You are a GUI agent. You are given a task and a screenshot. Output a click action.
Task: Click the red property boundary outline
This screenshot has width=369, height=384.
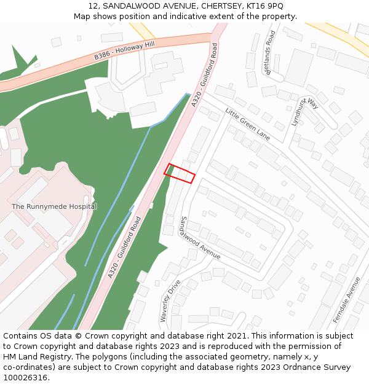180,173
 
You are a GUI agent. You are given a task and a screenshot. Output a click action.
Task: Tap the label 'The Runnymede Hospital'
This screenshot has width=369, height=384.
54,206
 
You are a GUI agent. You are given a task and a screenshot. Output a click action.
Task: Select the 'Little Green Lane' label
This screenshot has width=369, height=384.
247,123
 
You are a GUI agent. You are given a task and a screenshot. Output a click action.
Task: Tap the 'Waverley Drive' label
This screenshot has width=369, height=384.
170,301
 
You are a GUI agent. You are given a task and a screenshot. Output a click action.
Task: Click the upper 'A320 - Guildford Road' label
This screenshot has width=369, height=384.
205,75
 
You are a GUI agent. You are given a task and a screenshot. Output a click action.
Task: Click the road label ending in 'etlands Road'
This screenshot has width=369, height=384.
269,53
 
